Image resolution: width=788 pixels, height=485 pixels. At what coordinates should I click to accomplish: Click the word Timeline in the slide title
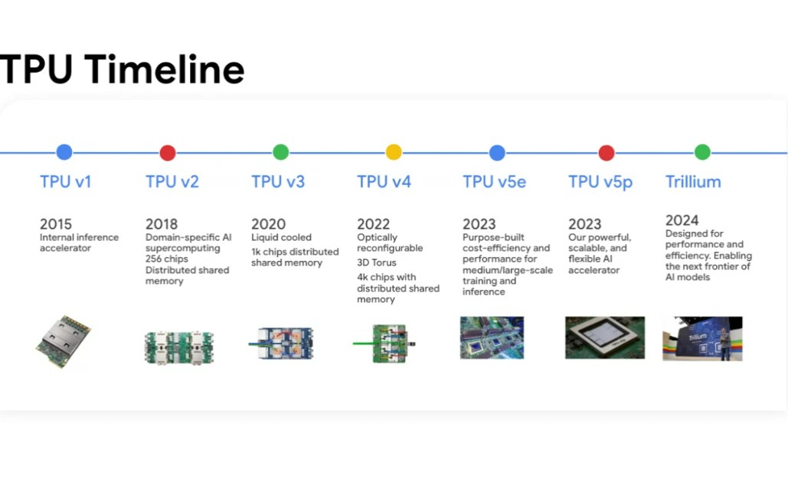165,69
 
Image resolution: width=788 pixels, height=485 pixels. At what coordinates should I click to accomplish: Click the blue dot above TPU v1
64,151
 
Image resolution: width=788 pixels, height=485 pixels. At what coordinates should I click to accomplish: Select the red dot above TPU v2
168,152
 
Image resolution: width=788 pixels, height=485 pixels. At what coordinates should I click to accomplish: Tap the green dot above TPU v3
280,151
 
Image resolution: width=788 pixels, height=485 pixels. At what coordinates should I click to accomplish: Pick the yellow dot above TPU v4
394,151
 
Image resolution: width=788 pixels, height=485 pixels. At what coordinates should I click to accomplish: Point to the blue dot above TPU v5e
497,152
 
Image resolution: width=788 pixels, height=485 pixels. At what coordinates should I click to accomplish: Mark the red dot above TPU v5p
607,152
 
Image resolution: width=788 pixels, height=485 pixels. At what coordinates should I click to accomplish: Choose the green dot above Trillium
702,151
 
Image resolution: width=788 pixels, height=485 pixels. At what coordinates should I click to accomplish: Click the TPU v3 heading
278,182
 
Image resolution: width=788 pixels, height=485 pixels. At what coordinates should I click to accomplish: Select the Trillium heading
693,182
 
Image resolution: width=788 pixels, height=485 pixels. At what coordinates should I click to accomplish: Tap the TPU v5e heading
495,182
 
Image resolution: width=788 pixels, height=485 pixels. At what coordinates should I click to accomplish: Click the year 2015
56,224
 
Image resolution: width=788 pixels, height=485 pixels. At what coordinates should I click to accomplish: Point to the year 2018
162,224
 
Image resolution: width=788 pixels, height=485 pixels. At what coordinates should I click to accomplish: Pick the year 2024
682,220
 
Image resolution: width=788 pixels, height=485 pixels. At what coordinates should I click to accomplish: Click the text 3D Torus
377,262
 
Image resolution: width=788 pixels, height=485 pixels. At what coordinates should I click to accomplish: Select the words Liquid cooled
282,237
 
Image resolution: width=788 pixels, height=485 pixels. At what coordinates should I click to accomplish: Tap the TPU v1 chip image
64,341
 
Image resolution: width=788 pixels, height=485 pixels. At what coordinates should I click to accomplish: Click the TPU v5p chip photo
605,337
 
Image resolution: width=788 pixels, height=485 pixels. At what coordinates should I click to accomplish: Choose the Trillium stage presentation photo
702,338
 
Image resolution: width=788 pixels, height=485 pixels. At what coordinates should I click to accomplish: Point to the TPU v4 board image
385,343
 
